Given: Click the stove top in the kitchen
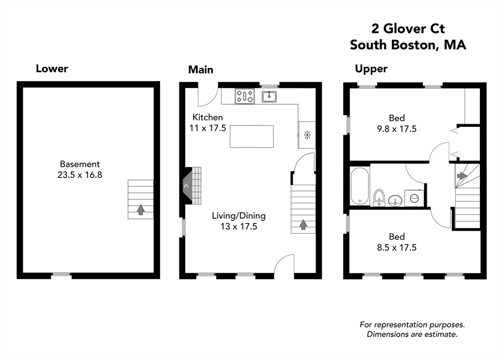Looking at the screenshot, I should click(x=245, y=96).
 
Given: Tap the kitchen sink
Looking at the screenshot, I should click(x=269, y=96).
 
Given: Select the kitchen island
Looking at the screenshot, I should click(x=252, y=136).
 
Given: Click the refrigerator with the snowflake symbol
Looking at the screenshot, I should click(x=307, y=134).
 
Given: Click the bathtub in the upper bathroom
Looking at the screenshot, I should click(x=360, y=185).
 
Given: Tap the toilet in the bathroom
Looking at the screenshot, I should click(x=379, y=197).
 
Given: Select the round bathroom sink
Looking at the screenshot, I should click(x=395, y=200).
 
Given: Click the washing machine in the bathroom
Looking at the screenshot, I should click(x=414, y=197).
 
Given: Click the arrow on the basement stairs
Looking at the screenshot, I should click(x=141, y=210).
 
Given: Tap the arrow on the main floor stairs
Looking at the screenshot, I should click(x=303, y=224).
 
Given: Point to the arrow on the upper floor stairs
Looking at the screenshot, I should click(x=462, y=175).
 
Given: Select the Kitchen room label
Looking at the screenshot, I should click(x=207, y=117).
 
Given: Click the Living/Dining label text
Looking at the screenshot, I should click(x=239, y=215).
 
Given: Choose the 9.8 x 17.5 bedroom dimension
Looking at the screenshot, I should click(x=396, y=129).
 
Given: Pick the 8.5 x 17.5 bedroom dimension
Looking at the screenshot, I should click(x=396, y=247).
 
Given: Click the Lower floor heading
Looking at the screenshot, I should click(x=52, y=68).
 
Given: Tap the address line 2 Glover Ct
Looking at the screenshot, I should click(x=408, y=29).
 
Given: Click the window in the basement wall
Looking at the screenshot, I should click(x=62, y=275).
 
